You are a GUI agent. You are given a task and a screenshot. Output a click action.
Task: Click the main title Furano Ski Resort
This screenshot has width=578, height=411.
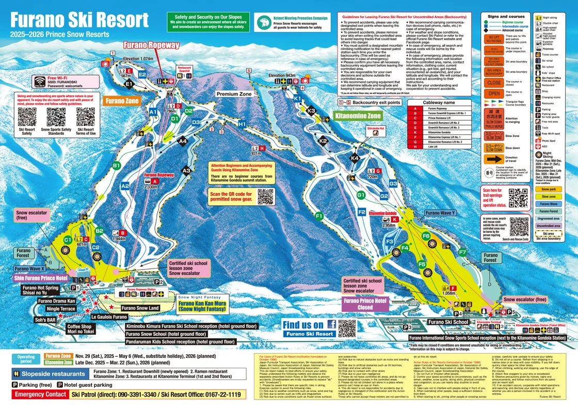pos(79,20)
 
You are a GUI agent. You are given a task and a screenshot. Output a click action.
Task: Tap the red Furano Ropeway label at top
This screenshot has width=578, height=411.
pos(151,45)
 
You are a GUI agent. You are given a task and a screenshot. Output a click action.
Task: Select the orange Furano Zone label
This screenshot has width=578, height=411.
pos(122,101)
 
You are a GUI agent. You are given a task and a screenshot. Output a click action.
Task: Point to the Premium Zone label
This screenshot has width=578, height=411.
pos(234,94)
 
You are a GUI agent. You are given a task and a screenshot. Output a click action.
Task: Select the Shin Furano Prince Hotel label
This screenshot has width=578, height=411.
pos(41,278)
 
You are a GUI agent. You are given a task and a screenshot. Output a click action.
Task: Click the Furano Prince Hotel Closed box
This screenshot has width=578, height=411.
pos(365,304)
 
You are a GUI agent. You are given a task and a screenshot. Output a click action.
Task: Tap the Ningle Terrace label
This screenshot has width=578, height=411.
pos(60,309)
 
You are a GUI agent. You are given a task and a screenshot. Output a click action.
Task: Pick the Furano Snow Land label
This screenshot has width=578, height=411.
pos(140,308)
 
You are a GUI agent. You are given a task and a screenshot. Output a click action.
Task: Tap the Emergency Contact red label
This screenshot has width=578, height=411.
pos(40,394)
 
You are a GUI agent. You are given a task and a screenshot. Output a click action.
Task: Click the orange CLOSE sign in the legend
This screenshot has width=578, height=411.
pos(494,83)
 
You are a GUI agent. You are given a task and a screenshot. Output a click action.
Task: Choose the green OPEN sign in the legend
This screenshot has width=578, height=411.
pos(494,94)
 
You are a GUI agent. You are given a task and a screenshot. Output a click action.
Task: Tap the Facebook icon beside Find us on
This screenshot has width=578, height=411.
pos(331,325)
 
